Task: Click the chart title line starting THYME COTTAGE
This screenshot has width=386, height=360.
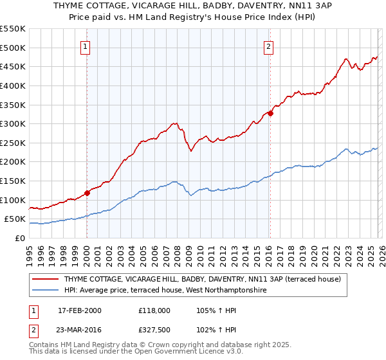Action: click(193, 5)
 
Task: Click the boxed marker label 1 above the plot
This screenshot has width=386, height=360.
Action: click(86, 46)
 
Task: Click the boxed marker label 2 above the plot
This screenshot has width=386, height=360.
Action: click(268, 46)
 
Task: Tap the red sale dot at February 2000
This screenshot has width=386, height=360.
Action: click(87, 192)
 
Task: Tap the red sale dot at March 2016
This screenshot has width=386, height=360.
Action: click(270, 113)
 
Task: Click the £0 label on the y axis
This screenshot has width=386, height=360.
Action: click(19, 238)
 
